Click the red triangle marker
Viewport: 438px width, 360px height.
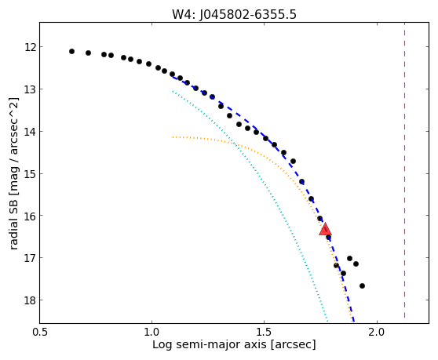click(325, 229)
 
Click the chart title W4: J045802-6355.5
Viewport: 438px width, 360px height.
click(234, 14)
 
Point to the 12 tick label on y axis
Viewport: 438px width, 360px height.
click(30, 47)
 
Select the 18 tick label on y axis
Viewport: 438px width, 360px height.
click(30, 300)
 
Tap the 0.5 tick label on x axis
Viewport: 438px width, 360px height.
click(40, 333)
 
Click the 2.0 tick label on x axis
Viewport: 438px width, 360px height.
click(377, 333)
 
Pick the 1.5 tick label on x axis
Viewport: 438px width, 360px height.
click(265, 333)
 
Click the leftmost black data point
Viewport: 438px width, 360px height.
click(71, 51)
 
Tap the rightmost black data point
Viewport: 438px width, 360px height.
click(363, 285)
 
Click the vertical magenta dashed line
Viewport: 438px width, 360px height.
click(404, 170)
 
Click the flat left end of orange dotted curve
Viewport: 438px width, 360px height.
click(173, 137)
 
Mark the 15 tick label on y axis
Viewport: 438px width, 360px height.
click(30, 174)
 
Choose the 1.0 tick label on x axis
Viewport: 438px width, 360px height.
click(152, 333)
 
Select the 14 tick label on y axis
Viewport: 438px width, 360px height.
click(30, 132)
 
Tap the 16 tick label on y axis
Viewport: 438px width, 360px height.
click(30, 216)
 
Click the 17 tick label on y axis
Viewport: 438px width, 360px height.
click(30, 258)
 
